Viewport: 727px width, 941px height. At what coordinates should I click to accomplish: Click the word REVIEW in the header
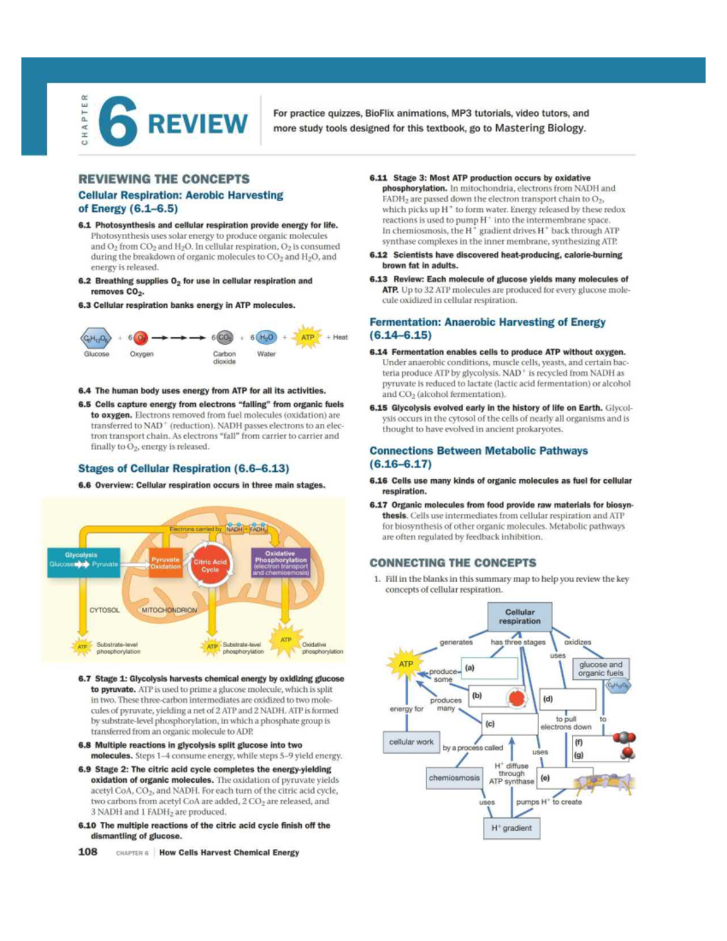click(198, 124)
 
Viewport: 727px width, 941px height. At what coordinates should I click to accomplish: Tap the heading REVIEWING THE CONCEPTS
click(164, 179)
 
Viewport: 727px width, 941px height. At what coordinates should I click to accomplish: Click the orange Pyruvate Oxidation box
click(165, 563)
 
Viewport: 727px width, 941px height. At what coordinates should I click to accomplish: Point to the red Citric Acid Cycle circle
click(210, 565)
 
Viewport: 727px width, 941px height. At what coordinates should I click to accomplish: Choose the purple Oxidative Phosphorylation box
click(280, 563)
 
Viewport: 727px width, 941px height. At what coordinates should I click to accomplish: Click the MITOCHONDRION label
click(169, 610)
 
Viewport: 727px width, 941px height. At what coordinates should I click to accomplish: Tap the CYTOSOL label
click(104, 610)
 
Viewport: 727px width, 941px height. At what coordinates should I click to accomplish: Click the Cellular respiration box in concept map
click(519, 617)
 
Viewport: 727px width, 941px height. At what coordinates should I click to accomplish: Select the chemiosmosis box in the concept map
click(454, 778)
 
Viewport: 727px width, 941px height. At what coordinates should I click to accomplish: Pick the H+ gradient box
click(512, 828)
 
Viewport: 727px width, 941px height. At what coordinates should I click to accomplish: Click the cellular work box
click(411, 742)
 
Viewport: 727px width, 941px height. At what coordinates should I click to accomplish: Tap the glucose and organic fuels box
click(600, 669)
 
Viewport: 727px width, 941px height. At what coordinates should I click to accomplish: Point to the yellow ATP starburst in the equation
click(308, 337)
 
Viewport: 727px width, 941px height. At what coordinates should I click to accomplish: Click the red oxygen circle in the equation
click(141, 337)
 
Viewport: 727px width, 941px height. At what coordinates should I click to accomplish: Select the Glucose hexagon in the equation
click(96, 337)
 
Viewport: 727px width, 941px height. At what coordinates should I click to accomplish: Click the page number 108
click(88, 852)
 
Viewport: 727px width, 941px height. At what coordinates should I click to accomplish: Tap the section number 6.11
click(378, 178)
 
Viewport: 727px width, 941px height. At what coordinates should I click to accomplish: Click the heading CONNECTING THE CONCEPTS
click(453, 563)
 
